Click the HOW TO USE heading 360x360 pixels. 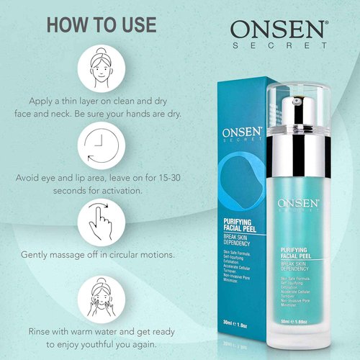pos(101,24)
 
